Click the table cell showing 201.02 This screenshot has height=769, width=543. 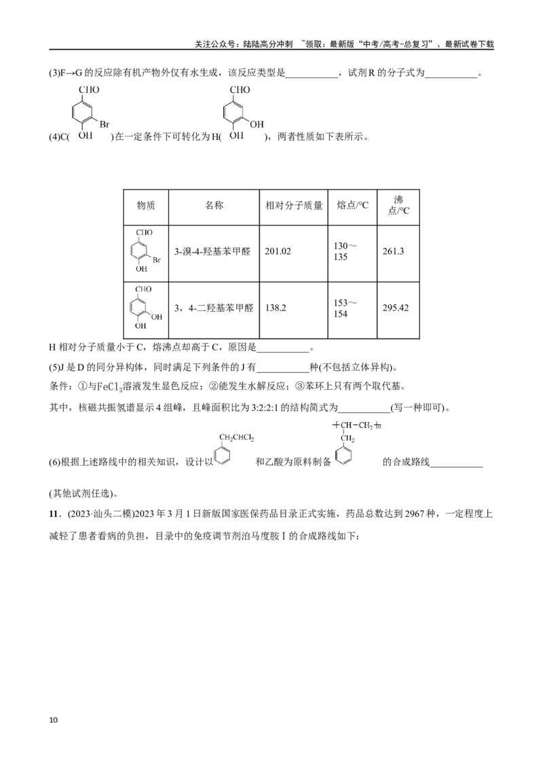tap(278, 251)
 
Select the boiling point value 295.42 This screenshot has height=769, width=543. tap(396, 308)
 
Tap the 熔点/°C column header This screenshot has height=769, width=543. tap(352, 205)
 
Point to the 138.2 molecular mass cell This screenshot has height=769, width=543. tap(276, 308)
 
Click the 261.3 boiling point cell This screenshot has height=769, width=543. tap(393, 251)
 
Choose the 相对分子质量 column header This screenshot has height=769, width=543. tap(293, 205)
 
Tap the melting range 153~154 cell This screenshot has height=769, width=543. tap(345, 308)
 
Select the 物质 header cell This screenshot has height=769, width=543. tap(145, 205)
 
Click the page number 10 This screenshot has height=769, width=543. tap(54, 720)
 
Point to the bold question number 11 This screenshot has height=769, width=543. tap(54, 514)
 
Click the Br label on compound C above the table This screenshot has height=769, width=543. tap(105, 124)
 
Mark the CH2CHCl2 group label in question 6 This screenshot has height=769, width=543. tap(236, 437)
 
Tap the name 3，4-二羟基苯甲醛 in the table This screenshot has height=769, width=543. tap(214, 308)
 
